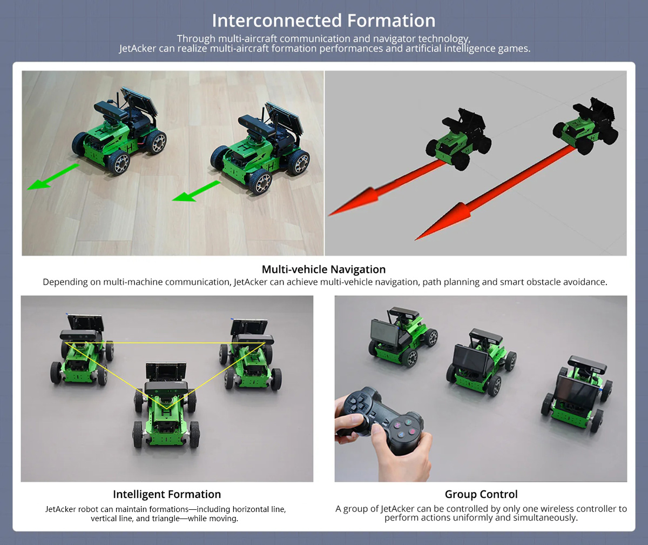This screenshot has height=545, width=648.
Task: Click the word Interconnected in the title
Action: point(277,21)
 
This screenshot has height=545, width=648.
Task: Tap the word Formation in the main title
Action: point(391,21)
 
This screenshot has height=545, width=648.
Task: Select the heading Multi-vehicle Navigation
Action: point(323,269)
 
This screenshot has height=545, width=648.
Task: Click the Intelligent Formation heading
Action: point(167,494)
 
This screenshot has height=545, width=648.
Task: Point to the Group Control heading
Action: point(481,494)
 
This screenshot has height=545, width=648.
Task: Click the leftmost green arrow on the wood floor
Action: point(53,177)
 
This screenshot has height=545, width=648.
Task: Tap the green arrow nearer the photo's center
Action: point(196,191)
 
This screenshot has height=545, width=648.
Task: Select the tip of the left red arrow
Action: point(328,215)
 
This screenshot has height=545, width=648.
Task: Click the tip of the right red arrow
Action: point(415,240)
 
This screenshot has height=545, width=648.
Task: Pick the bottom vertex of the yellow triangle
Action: point(166,408)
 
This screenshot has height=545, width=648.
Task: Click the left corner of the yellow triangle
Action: point(65,343)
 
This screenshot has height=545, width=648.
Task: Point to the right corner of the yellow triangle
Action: point(265,343)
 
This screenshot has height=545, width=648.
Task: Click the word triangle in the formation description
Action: point(158,519)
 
